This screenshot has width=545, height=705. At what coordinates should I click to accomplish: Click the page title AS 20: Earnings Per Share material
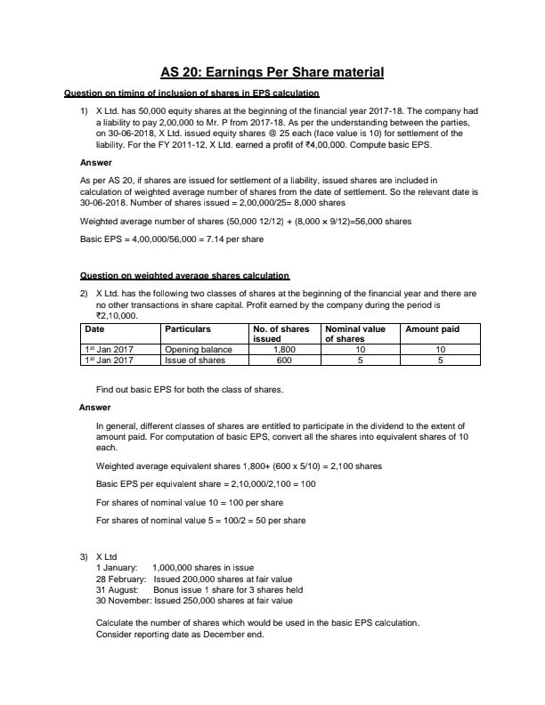tap(272, 73)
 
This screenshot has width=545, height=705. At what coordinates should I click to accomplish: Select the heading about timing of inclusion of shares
tap(191, 93)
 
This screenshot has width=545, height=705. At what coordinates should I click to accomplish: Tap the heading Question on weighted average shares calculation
tap(184, 275)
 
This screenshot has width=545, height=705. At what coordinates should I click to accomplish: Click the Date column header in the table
tap(94, 329)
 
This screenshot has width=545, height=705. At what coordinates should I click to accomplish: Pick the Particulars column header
tap(188, 329)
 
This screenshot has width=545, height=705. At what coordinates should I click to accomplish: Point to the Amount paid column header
tap(433, 329)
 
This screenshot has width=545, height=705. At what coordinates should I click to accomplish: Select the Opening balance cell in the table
tap(196, 350)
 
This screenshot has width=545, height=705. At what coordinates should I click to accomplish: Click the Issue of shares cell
tap(195, 361)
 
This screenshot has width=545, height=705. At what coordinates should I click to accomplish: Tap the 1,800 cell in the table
tap(284, 350)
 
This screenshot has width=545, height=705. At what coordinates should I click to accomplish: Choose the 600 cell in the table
tap(284, 361)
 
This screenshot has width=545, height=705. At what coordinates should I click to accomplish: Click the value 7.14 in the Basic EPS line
tap(216, 239)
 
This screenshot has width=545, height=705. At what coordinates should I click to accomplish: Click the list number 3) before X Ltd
tap(85, 556)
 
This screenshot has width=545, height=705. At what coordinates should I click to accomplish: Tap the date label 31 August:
tap(118, 589)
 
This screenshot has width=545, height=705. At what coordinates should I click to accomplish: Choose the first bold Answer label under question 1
tap(96, 163)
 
